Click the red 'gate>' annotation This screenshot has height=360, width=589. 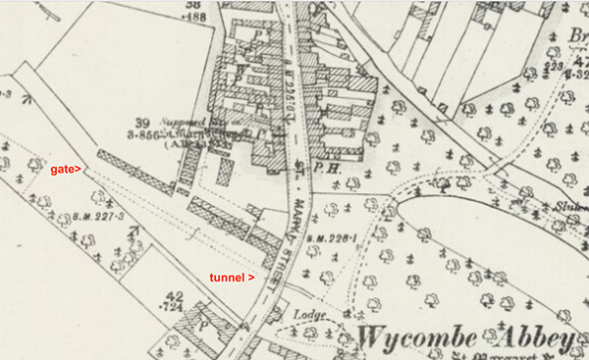[x=67, y=170]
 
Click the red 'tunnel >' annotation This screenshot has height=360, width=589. [x=233, y=278]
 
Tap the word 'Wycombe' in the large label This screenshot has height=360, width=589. [x=413, y=337]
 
